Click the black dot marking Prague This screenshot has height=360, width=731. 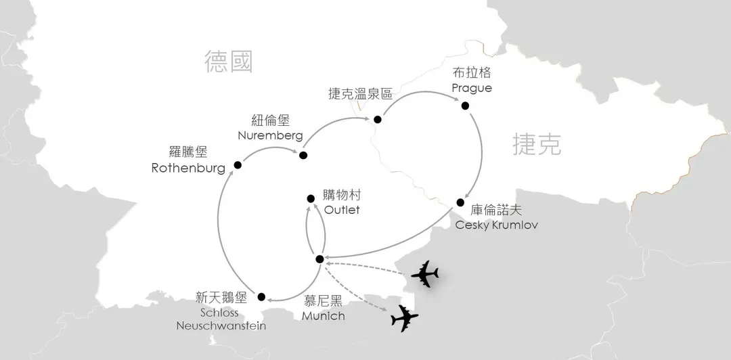[x=465, y=106]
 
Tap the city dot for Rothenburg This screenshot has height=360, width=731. [x=238, y=164]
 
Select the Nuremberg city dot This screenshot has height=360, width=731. [x=303, y=155]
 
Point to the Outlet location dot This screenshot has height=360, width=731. [x=311, y=199]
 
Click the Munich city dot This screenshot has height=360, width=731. [x=319, y=259]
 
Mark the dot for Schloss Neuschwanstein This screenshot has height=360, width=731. [x=261, y=296]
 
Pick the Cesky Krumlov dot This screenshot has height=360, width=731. [x=460, y=202]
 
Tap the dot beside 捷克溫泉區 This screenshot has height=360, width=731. [x=378, y=119]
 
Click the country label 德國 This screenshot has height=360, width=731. [x=229, y=62]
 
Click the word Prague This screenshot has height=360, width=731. [x=472, y=88]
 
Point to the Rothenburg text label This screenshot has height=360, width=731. [x=188, y=168]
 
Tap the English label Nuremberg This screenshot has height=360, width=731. [x=270, y=136]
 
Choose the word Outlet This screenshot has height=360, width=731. [x=342, y=210]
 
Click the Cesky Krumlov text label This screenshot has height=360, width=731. [x=497, y=225]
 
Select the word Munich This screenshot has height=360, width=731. [x=324, y=316]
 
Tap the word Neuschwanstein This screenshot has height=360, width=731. [x=221, y=325]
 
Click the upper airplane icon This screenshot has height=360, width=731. [x=424, y=274]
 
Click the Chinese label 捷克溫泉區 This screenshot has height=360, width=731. [x=360, y=95]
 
